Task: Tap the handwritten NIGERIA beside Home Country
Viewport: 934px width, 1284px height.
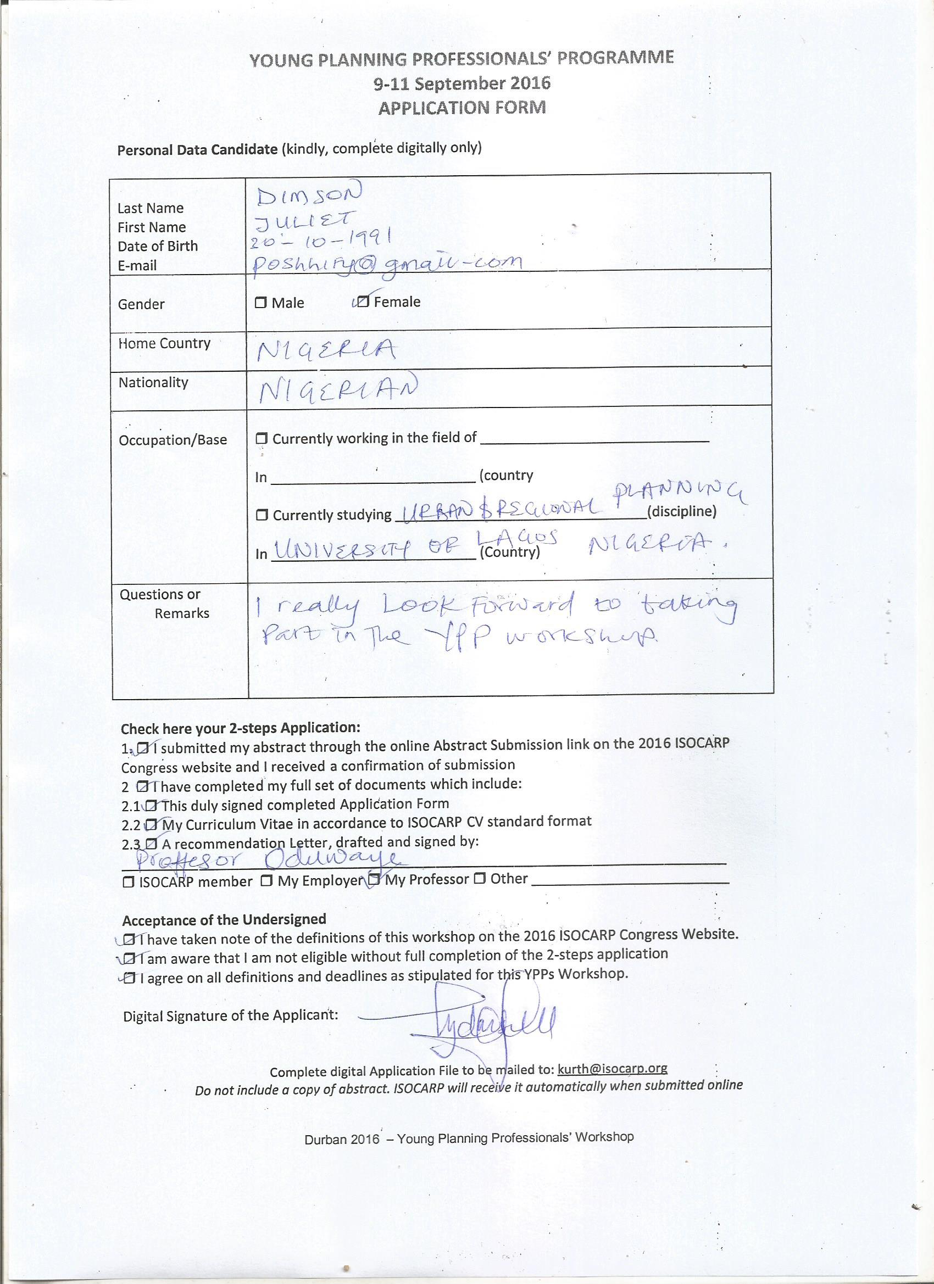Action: [326, 352]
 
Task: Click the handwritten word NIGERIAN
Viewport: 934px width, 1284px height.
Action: [338, 389]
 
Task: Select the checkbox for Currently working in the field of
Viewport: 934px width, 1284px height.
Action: [262, 438]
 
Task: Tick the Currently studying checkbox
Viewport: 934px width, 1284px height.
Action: [262, 515]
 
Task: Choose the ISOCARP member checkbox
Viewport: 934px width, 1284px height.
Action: [129, 881]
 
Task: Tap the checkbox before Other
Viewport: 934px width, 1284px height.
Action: [480, 879]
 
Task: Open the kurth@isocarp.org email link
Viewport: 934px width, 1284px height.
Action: [612, 1068]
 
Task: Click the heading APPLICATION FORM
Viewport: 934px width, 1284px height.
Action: [462, 108]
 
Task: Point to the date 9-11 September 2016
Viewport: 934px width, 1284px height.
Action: [462, 83]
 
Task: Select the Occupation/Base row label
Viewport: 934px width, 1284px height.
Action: [173, 440]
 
